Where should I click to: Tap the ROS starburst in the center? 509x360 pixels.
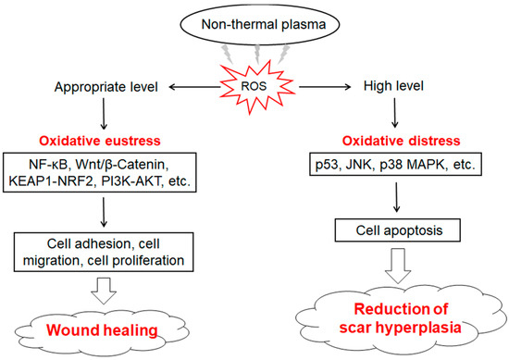(x=259, y=85)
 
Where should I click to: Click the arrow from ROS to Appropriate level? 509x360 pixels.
(x=208, y=85)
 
